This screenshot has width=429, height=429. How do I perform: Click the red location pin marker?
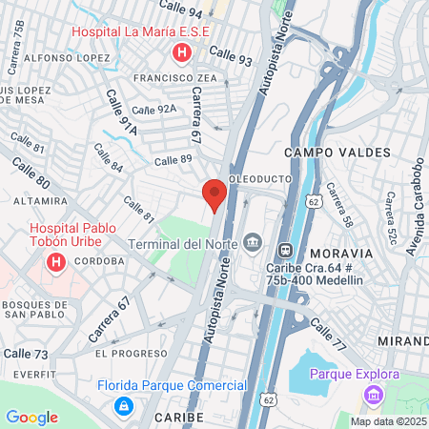tap(214, 194)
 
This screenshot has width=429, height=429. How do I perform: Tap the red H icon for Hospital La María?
tap(178, 53)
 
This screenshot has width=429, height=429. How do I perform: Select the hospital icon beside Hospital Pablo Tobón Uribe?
tap(56, 261)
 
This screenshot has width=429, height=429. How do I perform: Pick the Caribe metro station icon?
tap(283, 250)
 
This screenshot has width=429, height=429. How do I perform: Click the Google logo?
tap(32, 418)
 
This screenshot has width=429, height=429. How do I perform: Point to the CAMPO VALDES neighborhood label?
tap(337, 153)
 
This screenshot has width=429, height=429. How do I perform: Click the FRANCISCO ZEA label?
tap(175, 77)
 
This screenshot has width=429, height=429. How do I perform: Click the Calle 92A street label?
tap(154, 110)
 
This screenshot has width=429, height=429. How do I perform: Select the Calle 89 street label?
tap(174, 160)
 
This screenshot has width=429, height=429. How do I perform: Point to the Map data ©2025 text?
tap(388, 421)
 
